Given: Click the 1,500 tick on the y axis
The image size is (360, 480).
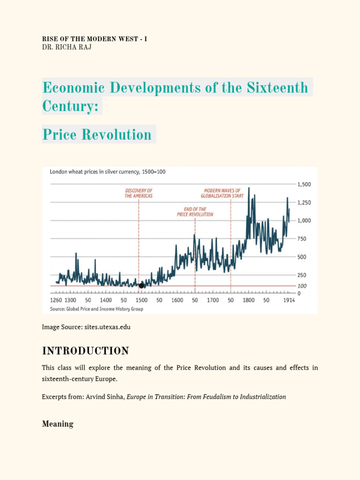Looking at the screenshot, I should pos(305,184).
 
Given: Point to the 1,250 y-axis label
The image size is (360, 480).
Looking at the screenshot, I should pos(305,202).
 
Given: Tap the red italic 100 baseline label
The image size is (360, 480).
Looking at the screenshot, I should pos(302,286).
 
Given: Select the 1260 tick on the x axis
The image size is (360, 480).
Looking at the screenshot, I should pos(56,300).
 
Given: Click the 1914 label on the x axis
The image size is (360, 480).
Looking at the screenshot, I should pos(289,300).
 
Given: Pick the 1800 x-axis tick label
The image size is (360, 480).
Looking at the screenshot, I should pos(248,300).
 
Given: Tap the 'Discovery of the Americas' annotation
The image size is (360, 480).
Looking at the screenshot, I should pos(139,193).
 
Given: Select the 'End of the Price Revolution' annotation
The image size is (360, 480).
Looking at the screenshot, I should pos(195,211).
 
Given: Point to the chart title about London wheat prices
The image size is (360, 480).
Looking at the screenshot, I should pos(107,172).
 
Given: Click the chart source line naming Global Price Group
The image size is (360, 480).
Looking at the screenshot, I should pos(97,309).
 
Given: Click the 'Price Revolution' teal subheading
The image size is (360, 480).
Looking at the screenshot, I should pos(97,135).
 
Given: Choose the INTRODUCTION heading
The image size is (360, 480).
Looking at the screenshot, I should pos(85,351).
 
